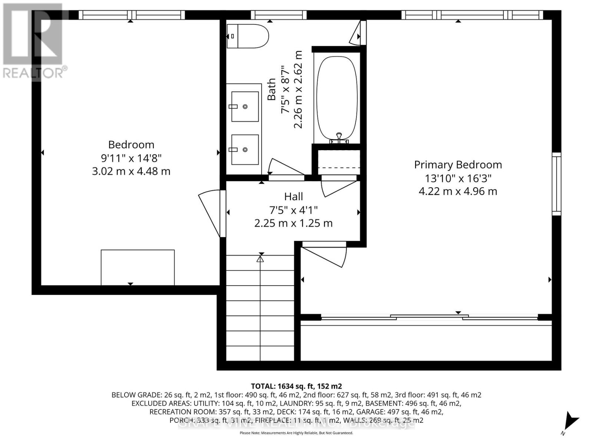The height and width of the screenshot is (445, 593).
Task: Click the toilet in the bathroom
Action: (x=248, y=36)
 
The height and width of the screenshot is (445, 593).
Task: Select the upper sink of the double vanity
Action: (x=245, y=106)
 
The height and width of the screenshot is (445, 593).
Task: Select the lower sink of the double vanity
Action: (x=245, y=149)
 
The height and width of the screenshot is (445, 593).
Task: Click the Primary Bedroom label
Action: (x=458, y=165)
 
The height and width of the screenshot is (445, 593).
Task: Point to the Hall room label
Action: (x=294, y=197)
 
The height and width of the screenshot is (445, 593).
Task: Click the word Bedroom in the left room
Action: (x=131, y=145)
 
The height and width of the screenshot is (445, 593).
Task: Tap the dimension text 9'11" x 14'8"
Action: (x=131, y=158)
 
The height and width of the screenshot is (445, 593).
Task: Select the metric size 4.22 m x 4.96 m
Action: (x=458, y=191)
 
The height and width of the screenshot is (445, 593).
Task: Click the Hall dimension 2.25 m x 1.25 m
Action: (x=294, y=223)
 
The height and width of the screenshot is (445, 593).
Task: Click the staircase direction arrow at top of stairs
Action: (x=260, y=259)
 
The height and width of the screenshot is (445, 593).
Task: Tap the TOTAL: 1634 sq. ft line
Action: (x=296, y=386)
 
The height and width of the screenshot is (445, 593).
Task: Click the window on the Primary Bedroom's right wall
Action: (x=556, y=184)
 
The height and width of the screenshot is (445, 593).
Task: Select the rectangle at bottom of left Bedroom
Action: (x=138, y=267)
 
